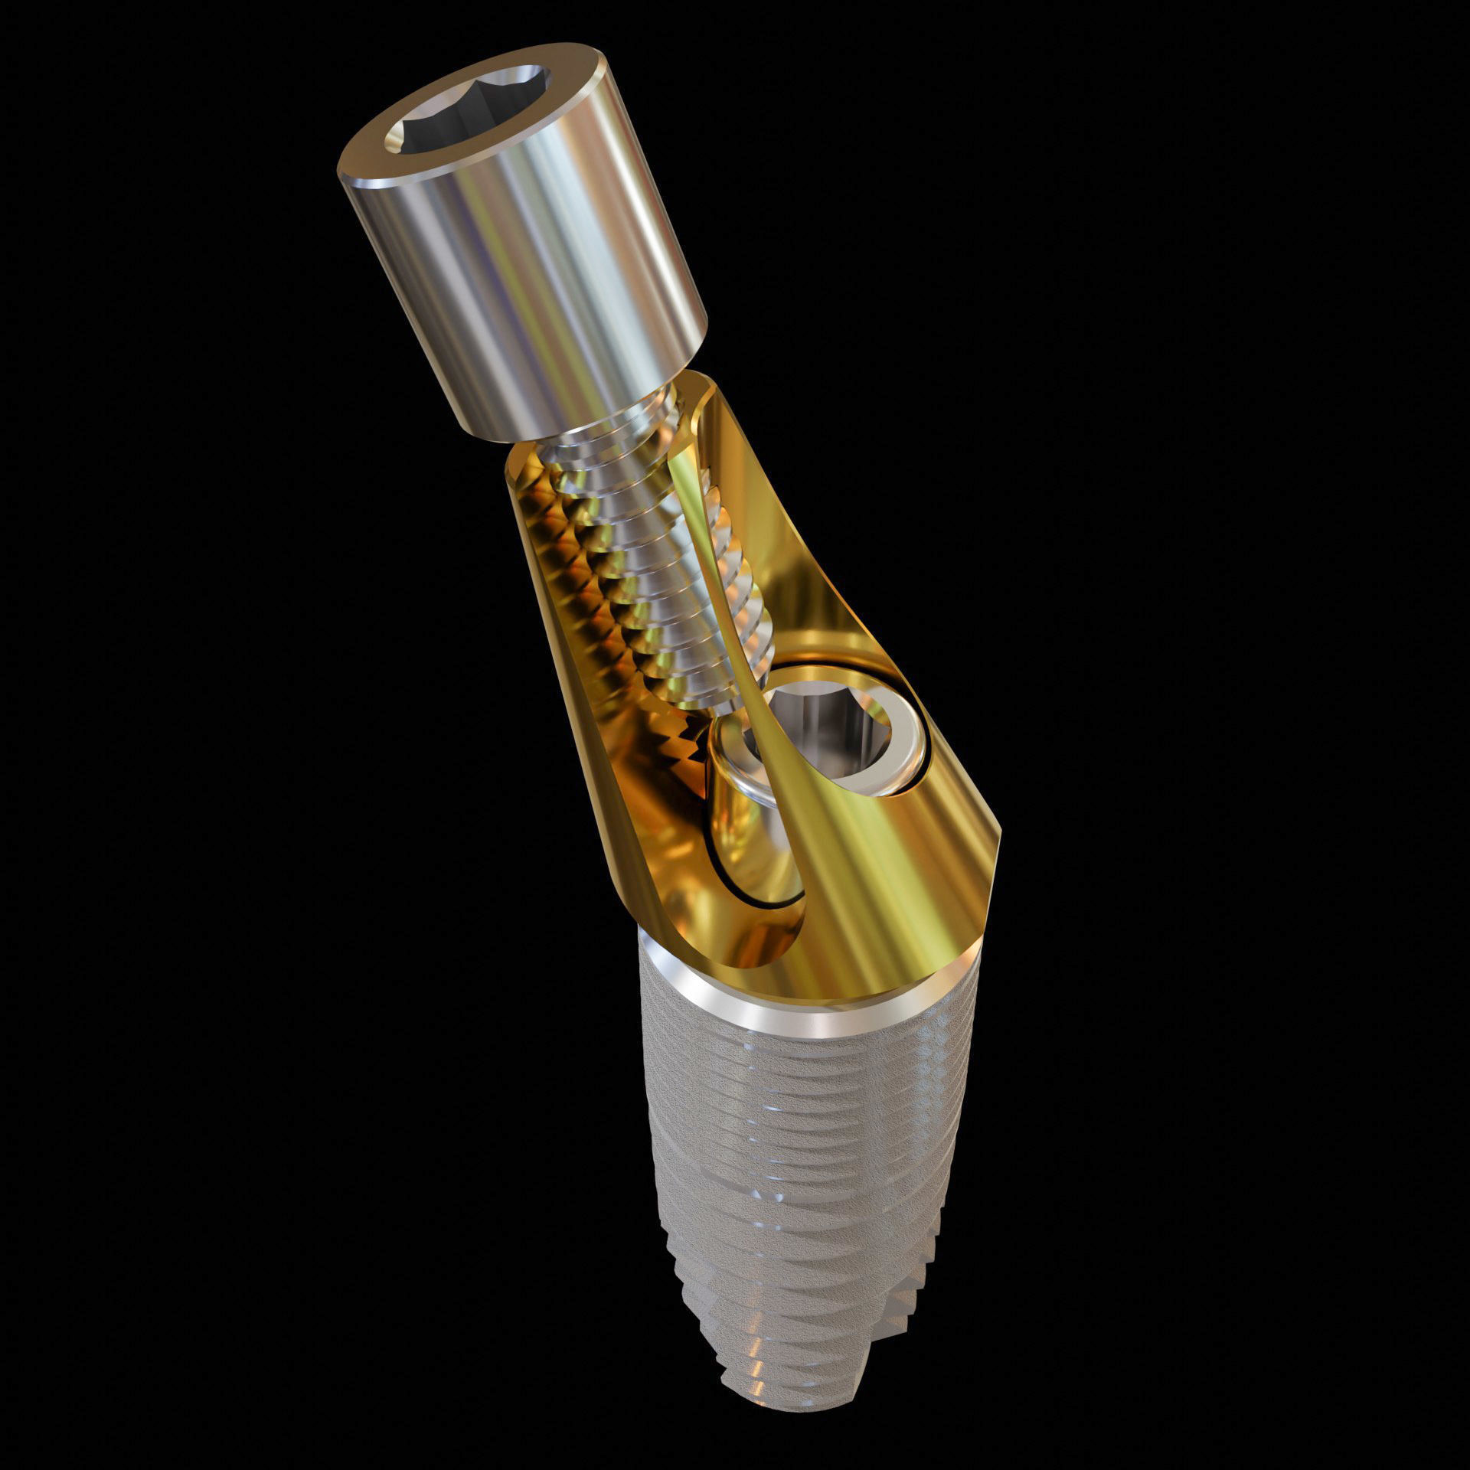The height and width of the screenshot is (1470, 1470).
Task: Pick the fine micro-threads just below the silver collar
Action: click(804, 1087)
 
